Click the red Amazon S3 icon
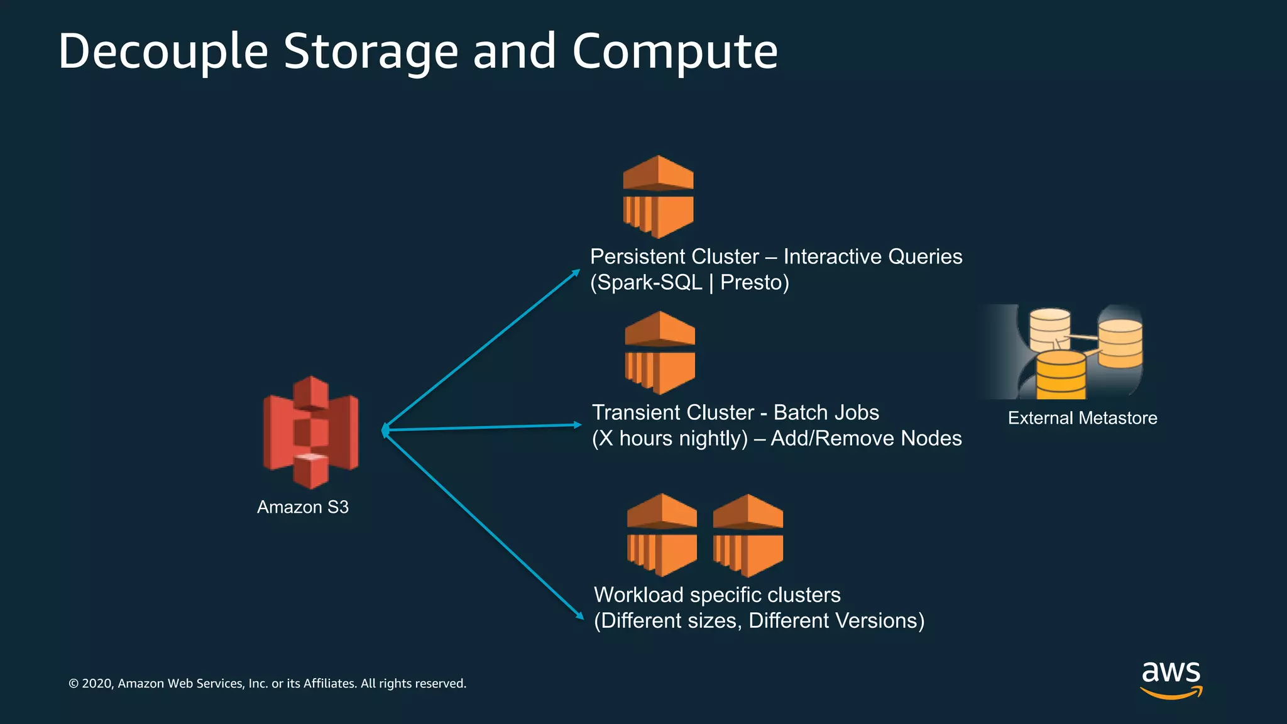point(310,432)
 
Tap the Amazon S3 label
point(302,507)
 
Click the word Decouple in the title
point(163,52)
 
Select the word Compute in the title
point(674,52)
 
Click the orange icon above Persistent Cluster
point(658,197)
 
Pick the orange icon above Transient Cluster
point(660,353)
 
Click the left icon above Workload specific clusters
point(662,535)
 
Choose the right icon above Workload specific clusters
point(748,535)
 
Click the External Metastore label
point(1082,418)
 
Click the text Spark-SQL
point(649,283)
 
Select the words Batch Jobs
point(826,412)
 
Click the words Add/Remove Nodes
point(866,438)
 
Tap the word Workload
point(638,595)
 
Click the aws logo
point(1171,679)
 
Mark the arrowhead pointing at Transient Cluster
point(578,425)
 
